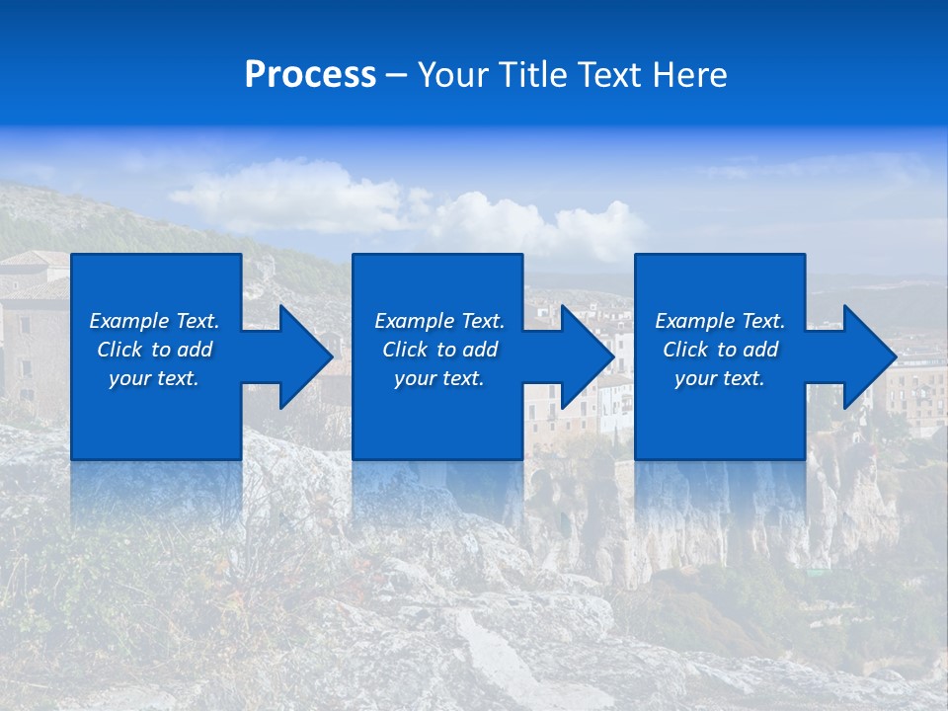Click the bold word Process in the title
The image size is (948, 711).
[x=310, y=75]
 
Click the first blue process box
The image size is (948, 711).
[x=155, y=415]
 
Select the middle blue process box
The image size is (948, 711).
[x=437, y=415]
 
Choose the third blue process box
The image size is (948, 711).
[x=719, y=415]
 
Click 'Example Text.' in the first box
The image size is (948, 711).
[x=154, y=321]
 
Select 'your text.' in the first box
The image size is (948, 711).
[x=154, y=378]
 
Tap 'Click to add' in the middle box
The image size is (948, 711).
[x=439, y=350]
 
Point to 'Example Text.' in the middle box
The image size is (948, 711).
[x=439, y=321]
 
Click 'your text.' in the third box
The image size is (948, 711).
[x=720, y=378]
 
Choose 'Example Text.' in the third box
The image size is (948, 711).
[x=720, y=321]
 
